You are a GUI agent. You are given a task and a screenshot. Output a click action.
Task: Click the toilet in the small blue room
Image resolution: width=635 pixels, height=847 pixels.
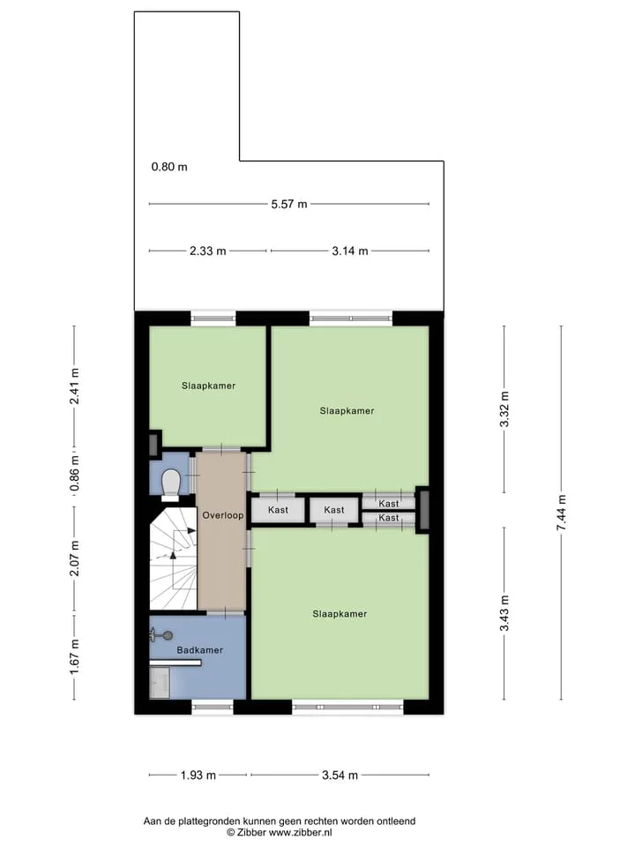click(170, 483)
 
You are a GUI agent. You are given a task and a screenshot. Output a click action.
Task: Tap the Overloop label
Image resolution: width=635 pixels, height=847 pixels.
click(222, 515)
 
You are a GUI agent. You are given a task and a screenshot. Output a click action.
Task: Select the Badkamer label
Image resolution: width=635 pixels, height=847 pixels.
click(200, 650)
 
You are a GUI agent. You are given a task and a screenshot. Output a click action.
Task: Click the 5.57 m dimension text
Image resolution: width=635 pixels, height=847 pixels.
click(289, 204)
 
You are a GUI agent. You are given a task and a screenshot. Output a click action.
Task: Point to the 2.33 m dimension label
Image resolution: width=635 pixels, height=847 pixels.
click(208, 251)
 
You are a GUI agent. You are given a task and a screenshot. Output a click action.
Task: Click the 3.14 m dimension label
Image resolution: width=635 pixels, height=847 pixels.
click(350, 251)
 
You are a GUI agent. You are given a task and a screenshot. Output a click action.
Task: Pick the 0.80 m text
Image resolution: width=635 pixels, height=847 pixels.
click(169, 167)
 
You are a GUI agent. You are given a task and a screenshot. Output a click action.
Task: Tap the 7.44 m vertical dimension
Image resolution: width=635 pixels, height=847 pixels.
click(562, 512)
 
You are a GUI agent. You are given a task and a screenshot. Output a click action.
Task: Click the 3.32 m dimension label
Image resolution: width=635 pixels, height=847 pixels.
click(504, 409)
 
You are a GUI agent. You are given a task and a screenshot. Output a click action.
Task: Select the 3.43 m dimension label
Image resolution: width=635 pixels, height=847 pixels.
click(504, 613)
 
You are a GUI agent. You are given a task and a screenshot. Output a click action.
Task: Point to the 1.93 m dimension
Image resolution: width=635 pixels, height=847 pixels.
click(198, 776)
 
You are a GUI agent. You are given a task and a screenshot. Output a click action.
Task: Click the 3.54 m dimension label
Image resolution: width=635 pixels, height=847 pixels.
click(340, 776)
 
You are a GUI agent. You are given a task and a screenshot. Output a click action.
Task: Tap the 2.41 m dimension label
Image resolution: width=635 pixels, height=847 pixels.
click(74, 386)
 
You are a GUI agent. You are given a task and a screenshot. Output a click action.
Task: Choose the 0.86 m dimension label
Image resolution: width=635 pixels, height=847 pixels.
click(74, 473)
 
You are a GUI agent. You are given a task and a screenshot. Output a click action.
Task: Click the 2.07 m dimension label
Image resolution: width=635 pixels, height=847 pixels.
click(74, 558)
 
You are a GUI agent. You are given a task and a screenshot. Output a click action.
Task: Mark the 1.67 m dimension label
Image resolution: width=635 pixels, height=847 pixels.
click(74, 656)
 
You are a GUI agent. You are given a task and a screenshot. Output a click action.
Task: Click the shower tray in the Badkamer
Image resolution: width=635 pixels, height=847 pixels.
click(160, 683)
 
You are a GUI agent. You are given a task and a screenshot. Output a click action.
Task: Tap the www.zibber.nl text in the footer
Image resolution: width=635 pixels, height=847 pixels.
click(300, 833)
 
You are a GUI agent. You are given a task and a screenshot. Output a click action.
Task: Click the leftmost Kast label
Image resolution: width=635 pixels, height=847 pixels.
click(278, 510)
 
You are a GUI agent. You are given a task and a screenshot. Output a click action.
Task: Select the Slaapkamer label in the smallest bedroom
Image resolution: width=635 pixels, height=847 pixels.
click(208, 386)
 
